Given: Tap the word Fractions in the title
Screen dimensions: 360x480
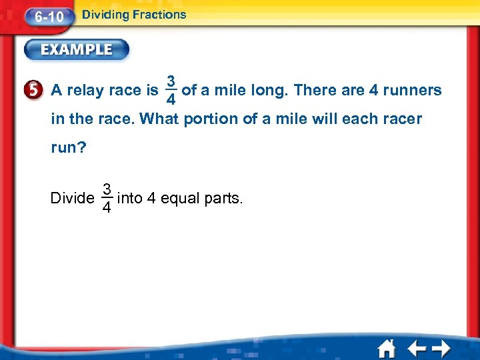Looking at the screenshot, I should (159, 14).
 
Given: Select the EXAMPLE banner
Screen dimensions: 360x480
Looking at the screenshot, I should (77, 49).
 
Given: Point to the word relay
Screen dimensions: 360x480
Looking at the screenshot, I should (93, 91).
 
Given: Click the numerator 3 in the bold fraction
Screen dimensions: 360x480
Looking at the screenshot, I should (171, 81).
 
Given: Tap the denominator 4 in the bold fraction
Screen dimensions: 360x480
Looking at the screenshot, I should (171, 99).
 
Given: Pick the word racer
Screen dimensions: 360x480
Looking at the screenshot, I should (401, 119).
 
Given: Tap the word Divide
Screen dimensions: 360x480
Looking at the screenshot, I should (71, 198).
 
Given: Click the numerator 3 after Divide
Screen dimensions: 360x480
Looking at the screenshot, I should (106, 189).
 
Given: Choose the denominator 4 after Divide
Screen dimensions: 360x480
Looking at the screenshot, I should (106, 208).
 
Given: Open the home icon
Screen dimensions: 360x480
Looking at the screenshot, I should (387, 349).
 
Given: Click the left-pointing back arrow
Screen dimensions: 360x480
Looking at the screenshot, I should (416, 349).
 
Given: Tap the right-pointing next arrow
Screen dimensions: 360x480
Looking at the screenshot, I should (441, 349).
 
